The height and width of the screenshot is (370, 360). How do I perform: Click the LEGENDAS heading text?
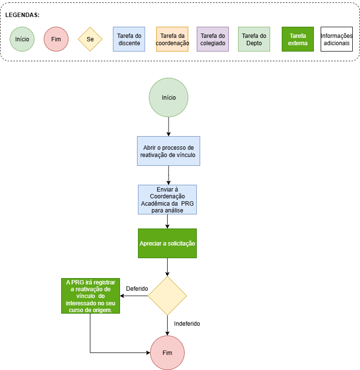[22, 15]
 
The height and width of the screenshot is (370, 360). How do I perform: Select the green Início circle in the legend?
[22, 39]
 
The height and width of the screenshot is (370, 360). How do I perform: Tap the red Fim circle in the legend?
[56, 39]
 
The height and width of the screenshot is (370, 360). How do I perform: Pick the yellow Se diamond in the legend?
[90, 39]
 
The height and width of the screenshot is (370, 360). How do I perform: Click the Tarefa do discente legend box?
[129, 39]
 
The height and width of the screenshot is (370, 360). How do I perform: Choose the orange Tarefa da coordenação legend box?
[172, 39]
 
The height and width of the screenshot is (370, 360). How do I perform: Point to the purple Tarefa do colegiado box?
[213, 39]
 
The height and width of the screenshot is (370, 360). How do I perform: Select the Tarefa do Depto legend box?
[254, 39]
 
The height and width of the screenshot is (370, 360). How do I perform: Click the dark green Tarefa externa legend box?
[298, 39]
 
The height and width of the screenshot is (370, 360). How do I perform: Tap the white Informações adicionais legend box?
[337, 39]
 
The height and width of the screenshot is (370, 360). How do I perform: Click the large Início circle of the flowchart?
[169, 98]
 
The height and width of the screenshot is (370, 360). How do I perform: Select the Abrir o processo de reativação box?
[168, 151]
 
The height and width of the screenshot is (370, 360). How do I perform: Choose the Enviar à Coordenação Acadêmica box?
[167, 199]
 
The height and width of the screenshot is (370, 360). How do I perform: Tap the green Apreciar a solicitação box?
[167, 243]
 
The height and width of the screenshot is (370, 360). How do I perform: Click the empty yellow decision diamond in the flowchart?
[167, 296]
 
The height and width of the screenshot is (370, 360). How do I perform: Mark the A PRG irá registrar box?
[90, 296]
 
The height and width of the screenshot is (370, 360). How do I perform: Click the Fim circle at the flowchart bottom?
[167, 353]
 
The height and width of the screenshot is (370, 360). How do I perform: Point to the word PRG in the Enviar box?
[188, 204]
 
